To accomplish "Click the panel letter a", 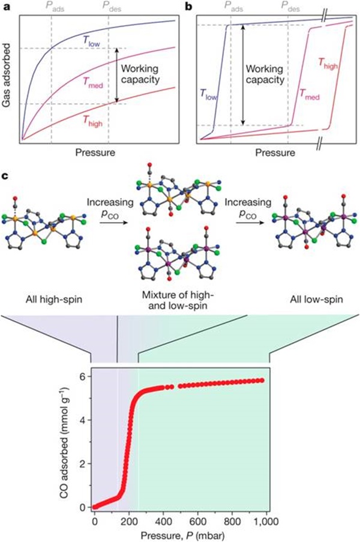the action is click(x=5, y=6).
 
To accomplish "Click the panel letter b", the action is click(x=189, y=6).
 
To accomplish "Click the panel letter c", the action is click(x=5, y=176).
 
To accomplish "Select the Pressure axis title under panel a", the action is click(x=95, y=152).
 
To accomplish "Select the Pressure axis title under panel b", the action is click(x=275, y=152).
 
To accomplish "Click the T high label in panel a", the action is click(x=92, y=121).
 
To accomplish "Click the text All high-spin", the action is click(x=54, y=299).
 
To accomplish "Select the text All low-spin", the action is click(x=316, y=299).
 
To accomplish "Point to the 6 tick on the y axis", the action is click(x=82, y=376).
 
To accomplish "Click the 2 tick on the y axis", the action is click(x=82, y=463).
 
